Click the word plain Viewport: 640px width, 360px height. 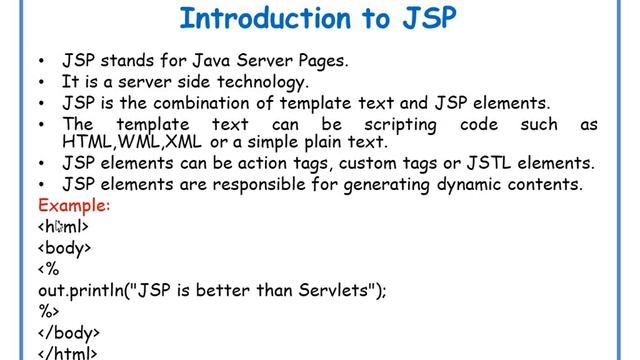pos(328,142)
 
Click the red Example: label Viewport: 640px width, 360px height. pos(74,205)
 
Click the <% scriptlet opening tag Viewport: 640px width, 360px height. pos(49,268)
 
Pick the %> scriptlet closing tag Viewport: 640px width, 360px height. pos(49,311)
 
